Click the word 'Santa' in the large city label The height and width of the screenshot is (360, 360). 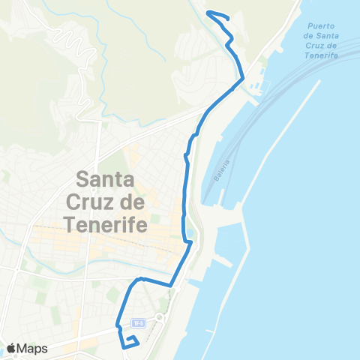[105, 180]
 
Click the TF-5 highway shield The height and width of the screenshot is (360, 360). [136, 323]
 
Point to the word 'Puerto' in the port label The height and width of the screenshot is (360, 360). [319, 26]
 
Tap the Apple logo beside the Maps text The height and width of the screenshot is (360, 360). [12, 348]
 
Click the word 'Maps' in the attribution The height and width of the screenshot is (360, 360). [34, 348]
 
